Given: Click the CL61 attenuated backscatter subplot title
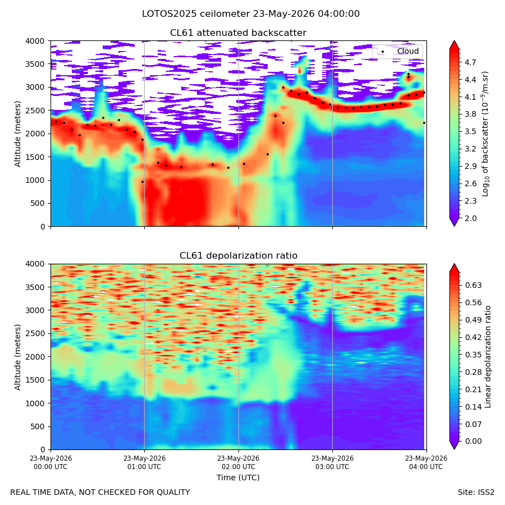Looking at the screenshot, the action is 238,33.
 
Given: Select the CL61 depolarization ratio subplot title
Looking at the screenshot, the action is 238,256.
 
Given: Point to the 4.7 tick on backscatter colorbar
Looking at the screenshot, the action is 470,62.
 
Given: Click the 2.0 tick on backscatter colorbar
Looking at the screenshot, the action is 470,218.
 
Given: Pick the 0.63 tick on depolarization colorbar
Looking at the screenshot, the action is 473,286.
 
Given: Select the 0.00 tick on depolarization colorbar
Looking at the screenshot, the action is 473,441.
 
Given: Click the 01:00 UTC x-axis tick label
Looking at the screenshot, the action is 144,462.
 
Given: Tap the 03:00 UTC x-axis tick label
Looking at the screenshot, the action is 332,462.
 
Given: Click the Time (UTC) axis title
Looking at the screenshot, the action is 238,478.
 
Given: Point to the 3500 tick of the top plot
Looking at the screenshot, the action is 35,64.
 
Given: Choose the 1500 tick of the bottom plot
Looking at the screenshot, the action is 35,380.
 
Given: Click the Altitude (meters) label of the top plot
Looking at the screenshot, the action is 17,134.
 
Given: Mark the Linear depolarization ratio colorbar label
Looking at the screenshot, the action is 488,357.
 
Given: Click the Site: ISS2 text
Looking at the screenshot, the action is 476,493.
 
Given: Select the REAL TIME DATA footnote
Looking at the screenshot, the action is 100,493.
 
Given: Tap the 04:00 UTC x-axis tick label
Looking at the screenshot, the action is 426,462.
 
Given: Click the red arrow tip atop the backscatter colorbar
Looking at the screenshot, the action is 454,41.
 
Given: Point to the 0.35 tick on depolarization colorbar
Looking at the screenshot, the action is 473,355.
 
